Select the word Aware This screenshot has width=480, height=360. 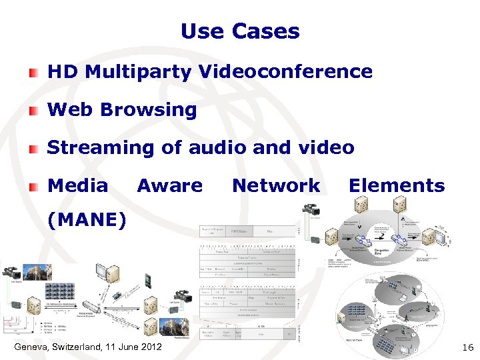(x=169, y=186)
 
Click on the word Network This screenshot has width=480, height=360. (x=276, y=186)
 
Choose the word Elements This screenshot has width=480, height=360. (x=397, y=186)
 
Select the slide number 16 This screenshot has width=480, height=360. (x=467, y=347)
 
